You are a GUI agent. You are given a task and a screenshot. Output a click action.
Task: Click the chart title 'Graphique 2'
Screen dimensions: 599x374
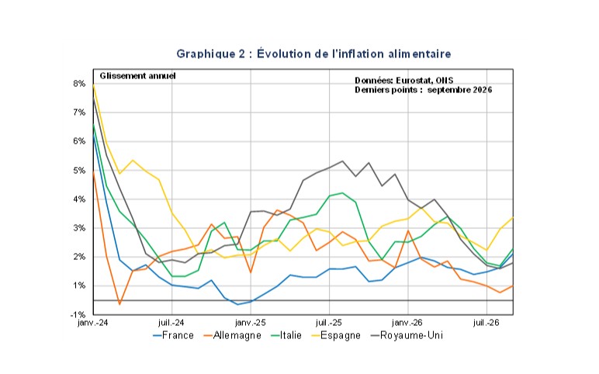coord(211,54)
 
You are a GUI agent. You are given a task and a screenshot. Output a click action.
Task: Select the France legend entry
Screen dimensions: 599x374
coord(174,335)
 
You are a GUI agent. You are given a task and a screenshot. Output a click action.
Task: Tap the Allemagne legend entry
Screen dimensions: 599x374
coord(232,335)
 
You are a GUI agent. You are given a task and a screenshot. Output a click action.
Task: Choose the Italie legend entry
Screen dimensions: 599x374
coord(286,335)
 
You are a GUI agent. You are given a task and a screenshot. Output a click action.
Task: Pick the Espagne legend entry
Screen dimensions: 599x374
coord(336,335)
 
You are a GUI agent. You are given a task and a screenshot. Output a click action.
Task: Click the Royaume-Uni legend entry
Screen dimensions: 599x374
coord(407,335)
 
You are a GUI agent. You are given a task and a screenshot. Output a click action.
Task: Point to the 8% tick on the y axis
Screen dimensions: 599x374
coord(79,84)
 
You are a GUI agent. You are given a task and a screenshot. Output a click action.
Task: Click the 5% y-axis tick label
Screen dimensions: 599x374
coord(79,171)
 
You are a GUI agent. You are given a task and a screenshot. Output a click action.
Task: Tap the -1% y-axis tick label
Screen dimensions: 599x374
coord(78,315)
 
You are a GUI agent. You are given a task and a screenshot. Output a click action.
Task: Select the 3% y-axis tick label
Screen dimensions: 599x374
coord(79,228)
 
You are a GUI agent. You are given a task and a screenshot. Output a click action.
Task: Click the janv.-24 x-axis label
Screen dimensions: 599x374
coord(93,323)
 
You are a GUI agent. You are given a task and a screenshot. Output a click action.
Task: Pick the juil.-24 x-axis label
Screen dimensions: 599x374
coord(171,323)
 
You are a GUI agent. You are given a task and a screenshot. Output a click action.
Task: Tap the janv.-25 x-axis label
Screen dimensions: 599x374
coord(251,323)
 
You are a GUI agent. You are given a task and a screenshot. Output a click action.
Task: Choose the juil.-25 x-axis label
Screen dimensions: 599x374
coord(329,323)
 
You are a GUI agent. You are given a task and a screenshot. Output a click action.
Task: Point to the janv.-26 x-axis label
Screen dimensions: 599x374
coord(407,323)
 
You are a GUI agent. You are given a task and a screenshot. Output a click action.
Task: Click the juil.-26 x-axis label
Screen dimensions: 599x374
coord(486,323)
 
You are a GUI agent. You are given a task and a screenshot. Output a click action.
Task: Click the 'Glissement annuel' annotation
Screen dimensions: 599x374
coord(137,76)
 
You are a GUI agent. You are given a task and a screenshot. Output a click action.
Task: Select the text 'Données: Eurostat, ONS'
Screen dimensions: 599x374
coord(403,80)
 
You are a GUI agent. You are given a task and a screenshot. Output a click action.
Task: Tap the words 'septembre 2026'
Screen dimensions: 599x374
coord(459,90)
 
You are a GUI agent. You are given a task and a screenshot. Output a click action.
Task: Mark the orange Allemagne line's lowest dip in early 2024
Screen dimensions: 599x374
coord(119,304)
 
